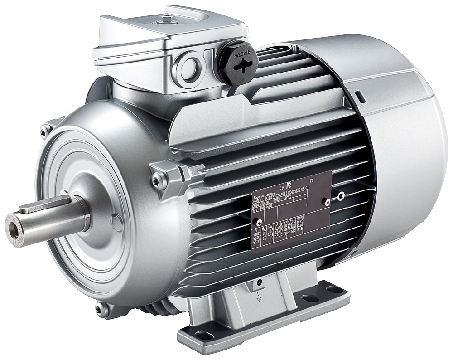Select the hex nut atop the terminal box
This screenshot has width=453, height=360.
(x=167, y=19)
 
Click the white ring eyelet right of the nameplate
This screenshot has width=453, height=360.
(x=341, y=196)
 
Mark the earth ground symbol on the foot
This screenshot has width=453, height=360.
(x=258, y=299)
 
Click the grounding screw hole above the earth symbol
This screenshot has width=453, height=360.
(x=258, y=282)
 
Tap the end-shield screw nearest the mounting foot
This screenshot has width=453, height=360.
(x=100, y=309)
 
